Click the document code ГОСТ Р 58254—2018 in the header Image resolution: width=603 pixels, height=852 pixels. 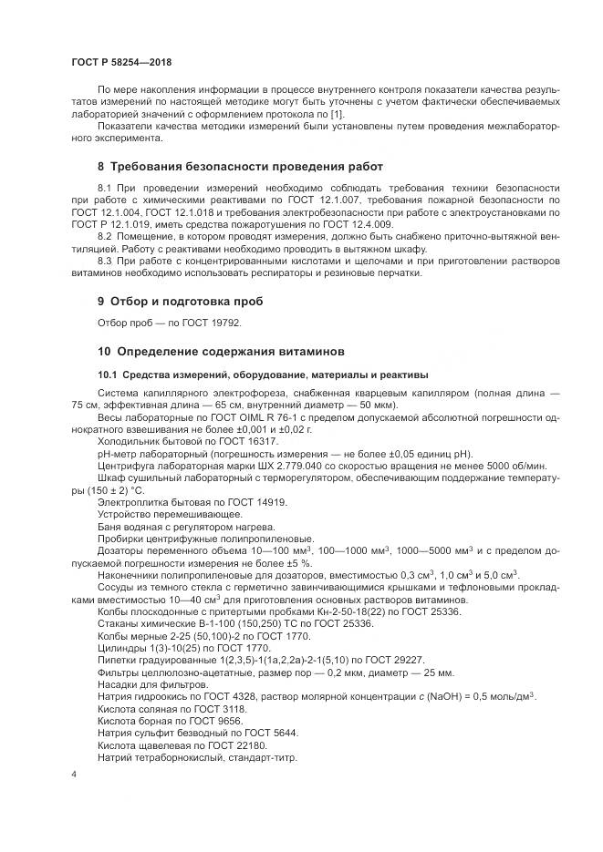pos(121,63)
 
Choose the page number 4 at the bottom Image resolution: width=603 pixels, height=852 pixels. pos(73,774)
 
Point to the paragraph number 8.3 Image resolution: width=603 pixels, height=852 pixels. pos(107,262)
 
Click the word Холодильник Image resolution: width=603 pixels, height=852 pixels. pos(128,439)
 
